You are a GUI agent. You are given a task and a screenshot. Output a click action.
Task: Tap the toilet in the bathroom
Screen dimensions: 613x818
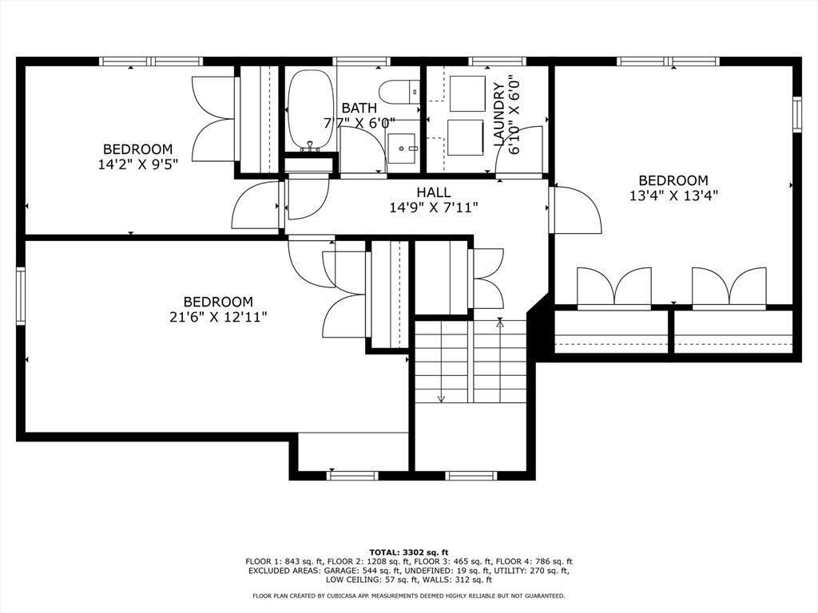[399, 92]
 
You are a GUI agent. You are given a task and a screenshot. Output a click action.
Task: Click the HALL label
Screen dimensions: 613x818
[433, 192]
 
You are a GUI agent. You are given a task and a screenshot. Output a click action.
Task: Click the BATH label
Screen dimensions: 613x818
[359, 108]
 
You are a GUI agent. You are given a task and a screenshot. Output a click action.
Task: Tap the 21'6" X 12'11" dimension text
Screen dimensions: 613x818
[218, 317]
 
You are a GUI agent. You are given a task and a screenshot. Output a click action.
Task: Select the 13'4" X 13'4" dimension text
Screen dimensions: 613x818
[673, 196]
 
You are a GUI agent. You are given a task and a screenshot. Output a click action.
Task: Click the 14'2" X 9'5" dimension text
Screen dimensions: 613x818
[137, 164]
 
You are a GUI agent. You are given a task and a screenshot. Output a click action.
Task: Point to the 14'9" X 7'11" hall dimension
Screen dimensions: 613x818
[433, 208]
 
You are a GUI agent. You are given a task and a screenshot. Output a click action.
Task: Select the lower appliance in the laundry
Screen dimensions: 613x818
[465, 137]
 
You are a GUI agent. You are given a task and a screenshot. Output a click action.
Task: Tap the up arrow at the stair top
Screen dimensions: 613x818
[500, 323]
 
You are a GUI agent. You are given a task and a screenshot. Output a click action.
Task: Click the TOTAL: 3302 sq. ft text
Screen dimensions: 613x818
[409, 552]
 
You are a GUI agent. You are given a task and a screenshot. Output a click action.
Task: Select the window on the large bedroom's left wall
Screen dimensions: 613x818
[21, 296]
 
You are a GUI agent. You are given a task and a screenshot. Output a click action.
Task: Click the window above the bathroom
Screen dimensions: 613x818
[361, 61]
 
